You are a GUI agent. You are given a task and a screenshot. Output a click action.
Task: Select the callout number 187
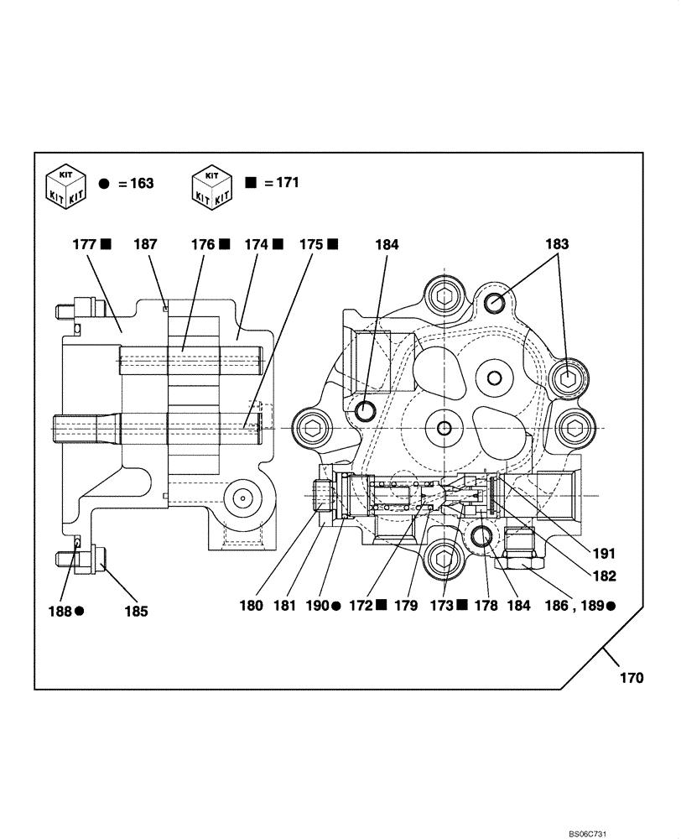(145, 245)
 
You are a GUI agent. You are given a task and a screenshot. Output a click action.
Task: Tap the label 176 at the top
(204, 245)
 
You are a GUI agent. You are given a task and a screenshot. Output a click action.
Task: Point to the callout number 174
(257, 245)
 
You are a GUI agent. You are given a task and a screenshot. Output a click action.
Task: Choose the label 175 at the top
(311, 245)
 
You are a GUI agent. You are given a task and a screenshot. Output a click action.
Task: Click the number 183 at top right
(556, 245)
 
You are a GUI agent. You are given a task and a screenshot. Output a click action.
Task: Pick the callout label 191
(603, 554)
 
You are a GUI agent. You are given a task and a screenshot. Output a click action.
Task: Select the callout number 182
(603, 576)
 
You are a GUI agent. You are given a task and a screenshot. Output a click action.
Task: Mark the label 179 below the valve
(406, 605)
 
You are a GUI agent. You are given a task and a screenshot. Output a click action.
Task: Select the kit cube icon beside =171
(211, 185)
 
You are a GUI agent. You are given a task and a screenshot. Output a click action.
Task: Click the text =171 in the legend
(282, 182)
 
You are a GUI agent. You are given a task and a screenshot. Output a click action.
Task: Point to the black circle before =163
(105, 184)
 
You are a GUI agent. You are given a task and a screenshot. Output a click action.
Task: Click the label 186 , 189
(574, 605)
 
